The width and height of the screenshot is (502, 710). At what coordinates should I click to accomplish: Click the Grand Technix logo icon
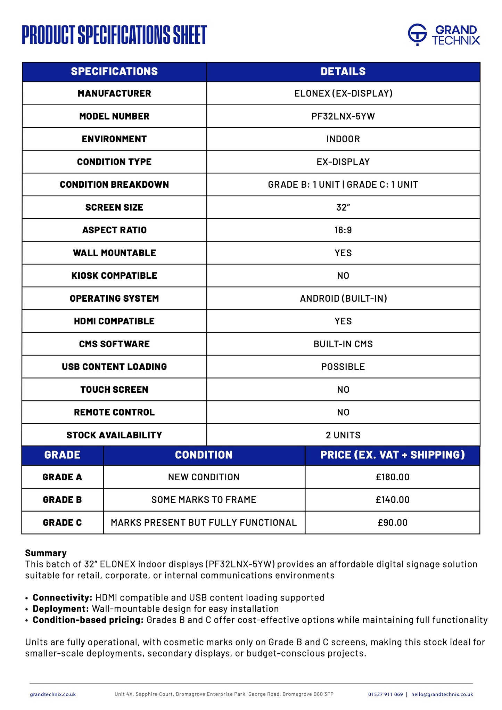[417, 34]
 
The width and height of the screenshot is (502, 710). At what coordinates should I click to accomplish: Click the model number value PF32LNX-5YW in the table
[343, 116]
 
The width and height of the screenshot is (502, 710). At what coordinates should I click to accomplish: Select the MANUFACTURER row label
[114, 93]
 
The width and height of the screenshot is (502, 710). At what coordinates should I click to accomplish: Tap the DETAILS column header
[343, 72]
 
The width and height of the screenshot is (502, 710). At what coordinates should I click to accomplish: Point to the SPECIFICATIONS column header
[114, 72]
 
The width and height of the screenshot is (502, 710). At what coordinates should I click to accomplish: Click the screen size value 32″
[343, 207]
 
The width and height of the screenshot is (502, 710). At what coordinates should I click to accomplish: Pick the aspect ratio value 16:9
[343, 230]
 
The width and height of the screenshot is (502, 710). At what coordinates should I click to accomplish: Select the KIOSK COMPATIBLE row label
[114, 276]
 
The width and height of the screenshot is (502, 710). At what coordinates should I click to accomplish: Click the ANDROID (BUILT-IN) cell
[343, 299]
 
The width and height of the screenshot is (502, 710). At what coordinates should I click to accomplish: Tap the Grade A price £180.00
[393, 477]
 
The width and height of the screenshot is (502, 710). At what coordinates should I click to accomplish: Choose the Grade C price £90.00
[393, 523]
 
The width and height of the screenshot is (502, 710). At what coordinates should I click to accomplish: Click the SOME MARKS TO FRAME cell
[204, 500]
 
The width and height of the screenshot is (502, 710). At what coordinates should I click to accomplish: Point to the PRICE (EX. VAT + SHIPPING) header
[393, 455]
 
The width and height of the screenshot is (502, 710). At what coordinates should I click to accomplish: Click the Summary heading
[46, 553]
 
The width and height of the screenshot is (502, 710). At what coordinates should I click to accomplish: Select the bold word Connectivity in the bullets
[62, 598]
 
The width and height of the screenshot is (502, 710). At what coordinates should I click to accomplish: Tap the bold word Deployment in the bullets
[61, 609]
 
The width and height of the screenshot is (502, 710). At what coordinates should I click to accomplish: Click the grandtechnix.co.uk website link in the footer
[53, 694]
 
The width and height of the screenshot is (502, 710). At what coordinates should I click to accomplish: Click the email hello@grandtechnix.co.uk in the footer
[442, 694]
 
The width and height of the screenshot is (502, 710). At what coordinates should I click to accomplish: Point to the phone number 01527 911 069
[385, 694]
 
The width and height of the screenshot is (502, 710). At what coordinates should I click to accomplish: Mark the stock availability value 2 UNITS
[343, 435]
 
